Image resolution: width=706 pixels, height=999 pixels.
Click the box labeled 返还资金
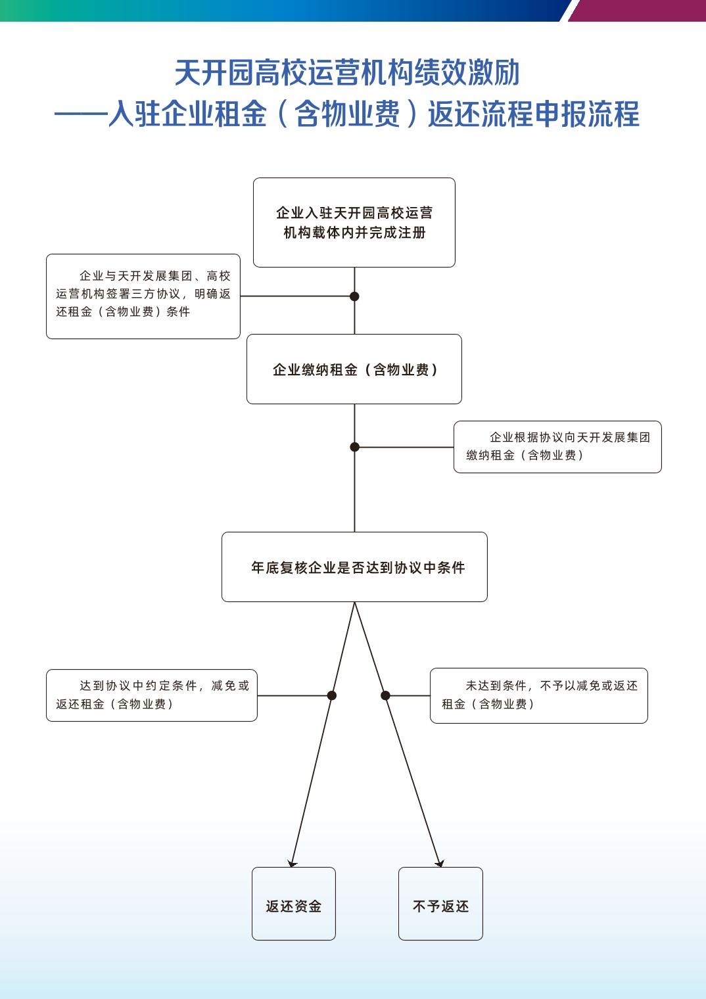[x=293, y=904]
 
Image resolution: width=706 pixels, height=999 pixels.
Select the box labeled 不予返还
[x=440, y=904]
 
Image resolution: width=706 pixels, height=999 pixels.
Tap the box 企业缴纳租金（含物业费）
[x=354, y=369]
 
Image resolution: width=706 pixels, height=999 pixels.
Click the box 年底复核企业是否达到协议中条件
[x=354, y=567]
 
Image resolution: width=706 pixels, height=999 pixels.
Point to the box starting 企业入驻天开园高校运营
[x=354, y=222]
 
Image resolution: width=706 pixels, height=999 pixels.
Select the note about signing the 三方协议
[x=143, y=296]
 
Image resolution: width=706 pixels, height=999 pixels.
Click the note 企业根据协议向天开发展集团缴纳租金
[x=557, y=446]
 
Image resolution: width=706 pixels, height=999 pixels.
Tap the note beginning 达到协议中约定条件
[x=151, y=695]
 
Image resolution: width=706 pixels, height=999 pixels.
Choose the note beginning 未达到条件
[x=538, y=695]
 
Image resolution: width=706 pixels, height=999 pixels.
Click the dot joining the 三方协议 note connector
[x=354, y=296]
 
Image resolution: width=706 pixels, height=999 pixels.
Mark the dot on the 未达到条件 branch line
[x=385, y=695]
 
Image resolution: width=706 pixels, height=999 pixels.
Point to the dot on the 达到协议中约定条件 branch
[x=332, y=695]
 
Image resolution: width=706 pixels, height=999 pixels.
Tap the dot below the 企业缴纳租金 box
[x=354, y=447]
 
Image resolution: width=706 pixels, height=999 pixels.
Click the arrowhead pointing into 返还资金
[x=293, y=863]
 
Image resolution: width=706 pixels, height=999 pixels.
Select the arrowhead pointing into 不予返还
[x=439, y=863]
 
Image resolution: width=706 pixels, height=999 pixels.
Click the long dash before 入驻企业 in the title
[x=80, y=114]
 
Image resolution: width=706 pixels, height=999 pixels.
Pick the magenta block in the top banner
[x=638, y=10]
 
